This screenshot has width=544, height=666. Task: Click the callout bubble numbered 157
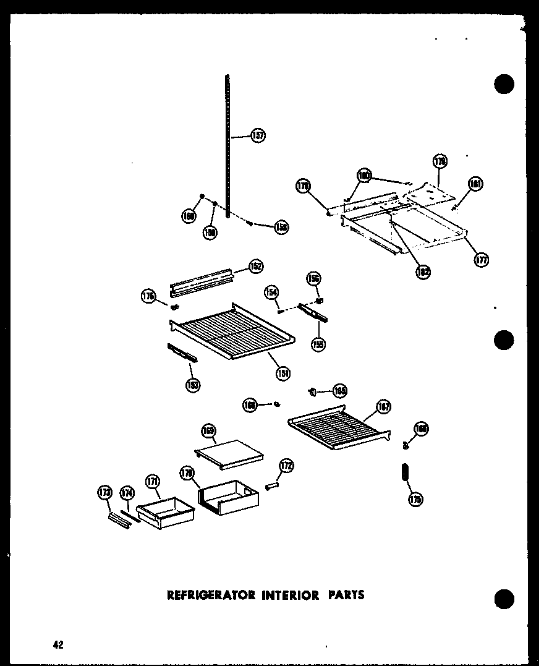[x=258, y=136]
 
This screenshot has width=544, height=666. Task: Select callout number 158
[x=282, y=227]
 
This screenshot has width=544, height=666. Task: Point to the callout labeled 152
[x=256, y=267]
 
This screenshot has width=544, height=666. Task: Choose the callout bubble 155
[x=318, y=344]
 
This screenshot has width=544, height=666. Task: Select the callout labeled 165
[x=339, y=390]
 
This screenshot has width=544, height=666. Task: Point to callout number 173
[x=105, y=492]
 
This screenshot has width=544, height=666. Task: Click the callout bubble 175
[x=416, y=500]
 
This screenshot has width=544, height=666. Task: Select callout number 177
[x=481, y=260]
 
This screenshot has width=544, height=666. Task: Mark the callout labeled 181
[x=475, y=184]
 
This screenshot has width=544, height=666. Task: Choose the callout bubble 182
[x=423, y=271]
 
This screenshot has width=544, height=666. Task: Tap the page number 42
[x=58, y=644]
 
